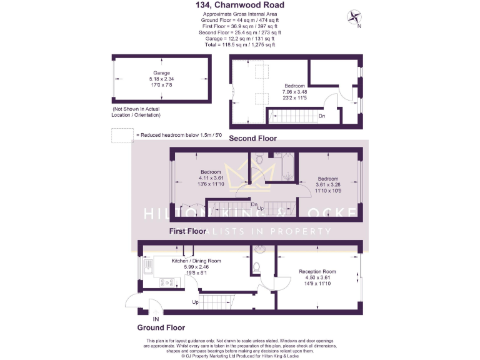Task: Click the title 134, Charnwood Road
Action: pyautogui.click(x=240, y=6)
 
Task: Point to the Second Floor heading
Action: pyautogui.click(x=252, y=138)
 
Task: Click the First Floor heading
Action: pyautogui.click(x=187, y=231)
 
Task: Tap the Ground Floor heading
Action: pyautogui.click(x=161, y=327)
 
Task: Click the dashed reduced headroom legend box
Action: pyautogui.click(x=119, y=135)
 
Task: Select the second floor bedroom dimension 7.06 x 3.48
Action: pyautogui.click(x=294, y=91)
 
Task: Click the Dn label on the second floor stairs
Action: pyautogui.click(x=322, y=116)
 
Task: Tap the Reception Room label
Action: pyautogui.click(x=317, y=271)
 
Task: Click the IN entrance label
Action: pyautogui.click(x=147, y=318)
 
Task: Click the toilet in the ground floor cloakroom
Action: pyautogui.click(x=257, y=267)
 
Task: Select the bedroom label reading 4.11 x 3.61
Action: pyautogui.click(x=211, y=178)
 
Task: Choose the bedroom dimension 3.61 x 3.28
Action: pyautogui.click(x=327, y=184)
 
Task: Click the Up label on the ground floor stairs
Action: pyautogui.click(x=196, y=301)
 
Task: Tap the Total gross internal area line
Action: pyautogui.click(x=240, y=44)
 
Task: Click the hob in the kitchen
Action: pyautogui.click(x=150, y=282)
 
